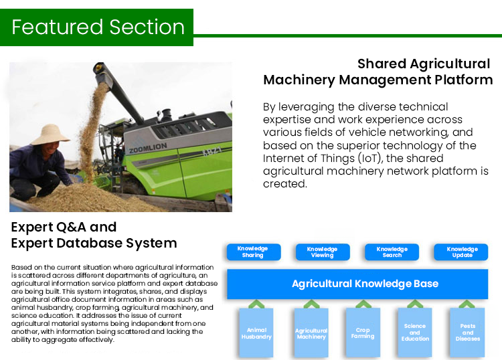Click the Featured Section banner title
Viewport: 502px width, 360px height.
pos(98,27)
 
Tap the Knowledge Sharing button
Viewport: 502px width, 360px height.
pos(254,252)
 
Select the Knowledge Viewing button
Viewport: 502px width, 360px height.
pos(323,252)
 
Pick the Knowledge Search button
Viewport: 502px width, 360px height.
pos(392,252)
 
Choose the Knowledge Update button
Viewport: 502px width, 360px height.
pos(461,252)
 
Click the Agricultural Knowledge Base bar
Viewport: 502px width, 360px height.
pos(357,284)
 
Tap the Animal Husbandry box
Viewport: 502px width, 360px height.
pos(256,333)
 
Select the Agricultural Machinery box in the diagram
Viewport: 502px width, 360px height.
pos(311,333)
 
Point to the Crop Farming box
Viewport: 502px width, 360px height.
pos(363,333)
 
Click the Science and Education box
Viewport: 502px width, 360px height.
pos(415,333)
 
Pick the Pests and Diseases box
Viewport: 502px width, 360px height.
pos(467,333)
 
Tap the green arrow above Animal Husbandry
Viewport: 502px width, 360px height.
pos(256,304)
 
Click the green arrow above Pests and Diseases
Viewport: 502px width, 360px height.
pos(467,304)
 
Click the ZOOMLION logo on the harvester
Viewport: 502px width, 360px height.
pos(148,148)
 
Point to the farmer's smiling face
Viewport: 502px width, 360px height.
pos(51,149)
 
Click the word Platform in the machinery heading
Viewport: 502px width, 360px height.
pos(464,80)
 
